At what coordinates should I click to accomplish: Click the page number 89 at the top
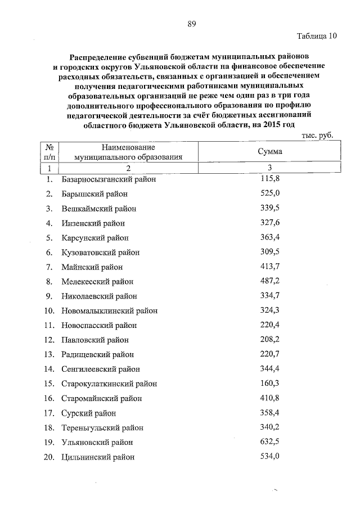tap(191, 24)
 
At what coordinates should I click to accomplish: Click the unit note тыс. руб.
tap(317, 135)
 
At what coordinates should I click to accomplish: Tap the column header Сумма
tap(269, 152)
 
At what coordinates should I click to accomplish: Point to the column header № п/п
tap(49, 152)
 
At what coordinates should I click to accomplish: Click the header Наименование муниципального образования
tap(128, 152)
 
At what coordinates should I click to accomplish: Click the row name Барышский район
tap(94, 194)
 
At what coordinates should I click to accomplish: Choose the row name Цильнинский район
tap(98, 457)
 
